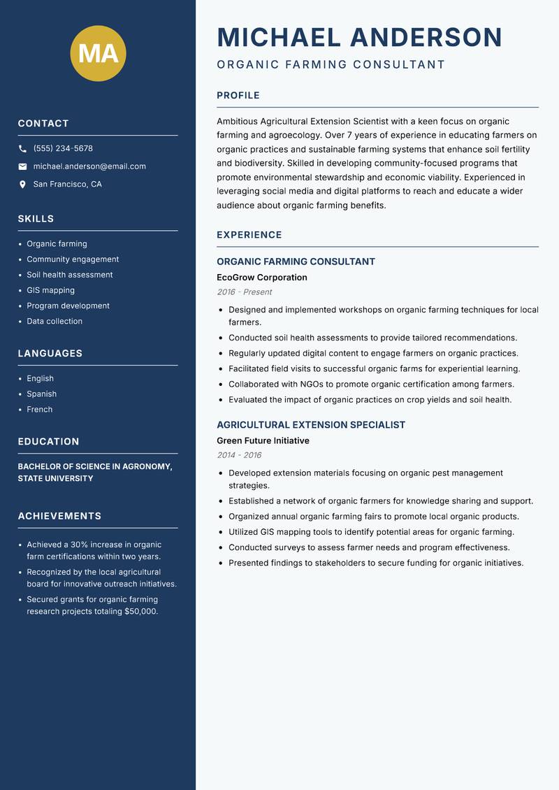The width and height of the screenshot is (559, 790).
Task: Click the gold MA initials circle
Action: click(x=98, y=53)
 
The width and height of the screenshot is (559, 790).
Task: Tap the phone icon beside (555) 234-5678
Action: click(x=22, y=149)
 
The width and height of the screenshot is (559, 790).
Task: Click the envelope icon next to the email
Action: click(x=22, y=166)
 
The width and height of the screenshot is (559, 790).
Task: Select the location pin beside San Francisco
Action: click(x=22, y=185)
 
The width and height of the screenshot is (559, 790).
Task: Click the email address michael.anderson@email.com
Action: click(x=89, y=166)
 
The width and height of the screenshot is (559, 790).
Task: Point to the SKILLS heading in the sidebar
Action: click(x=36, y=219)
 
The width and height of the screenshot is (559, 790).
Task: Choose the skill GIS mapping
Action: click(x=50, y=290)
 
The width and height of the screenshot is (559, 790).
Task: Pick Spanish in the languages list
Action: click(x=41, y=394)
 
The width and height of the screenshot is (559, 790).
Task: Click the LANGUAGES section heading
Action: click(x=50, y=354)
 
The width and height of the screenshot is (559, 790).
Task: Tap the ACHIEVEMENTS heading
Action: click(x=59, y=516)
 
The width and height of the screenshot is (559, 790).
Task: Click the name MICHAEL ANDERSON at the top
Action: click(x=359, y=37)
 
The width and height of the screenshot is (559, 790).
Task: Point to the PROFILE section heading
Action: click(x=238, y=96)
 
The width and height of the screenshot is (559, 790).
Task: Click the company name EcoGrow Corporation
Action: click(x=261, y=278)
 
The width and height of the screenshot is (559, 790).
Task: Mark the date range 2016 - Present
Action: click(x=244, y=292)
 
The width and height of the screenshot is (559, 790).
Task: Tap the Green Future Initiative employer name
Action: click(x=263, y=441)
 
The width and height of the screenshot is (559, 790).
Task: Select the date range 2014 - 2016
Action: click(x=239, y=455)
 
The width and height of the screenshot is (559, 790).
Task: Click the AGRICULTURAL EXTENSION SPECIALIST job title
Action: click(x=310, y=425)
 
